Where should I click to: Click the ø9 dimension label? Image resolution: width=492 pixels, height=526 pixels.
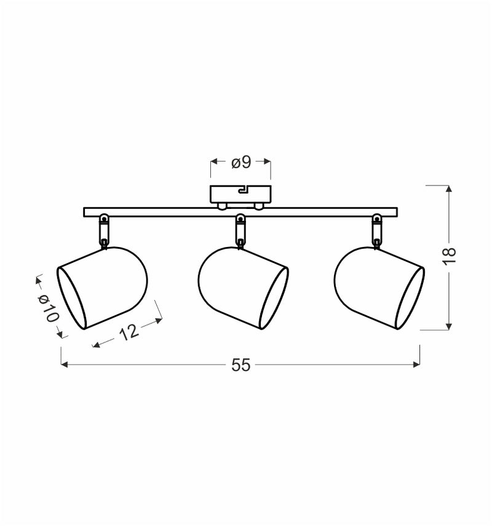[241, 162]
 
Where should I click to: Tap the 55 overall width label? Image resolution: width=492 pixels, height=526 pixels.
[241, 365]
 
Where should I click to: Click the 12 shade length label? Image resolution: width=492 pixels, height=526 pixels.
[128, 332]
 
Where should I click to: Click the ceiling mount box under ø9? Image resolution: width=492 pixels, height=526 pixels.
[240, 195]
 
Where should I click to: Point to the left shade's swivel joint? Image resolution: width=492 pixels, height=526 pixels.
[105, 231]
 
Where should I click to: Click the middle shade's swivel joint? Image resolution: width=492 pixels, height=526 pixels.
[240, 231]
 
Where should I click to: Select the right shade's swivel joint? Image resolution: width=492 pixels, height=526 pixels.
[376, 231]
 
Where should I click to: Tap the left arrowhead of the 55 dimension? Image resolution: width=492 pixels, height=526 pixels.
[63, 365]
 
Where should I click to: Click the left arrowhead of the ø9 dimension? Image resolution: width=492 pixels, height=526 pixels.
[213, 162]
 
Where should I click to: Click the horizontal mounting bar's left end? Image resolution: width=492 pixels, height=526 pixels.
[86, 212]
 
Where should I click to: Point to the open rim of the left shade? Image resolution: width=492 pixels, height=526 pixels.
[71, 298]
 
